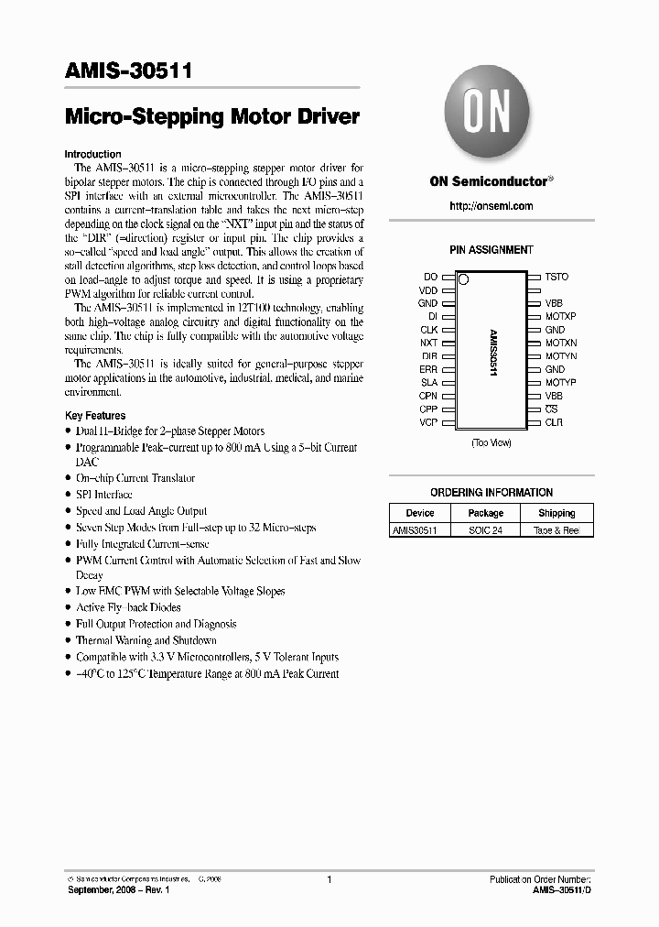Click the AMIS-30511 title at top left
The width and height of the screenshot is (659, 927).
pos(128,72)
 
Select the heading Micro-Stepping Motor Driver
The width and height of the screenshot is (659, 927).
pos(212,117)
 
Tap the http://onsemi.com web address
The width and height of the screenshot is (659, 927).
pos(492,206)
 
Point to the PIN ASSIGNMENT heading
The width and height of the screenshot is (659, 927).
pos(492,250)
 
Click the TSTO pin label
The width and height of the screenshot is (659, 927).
pos(556,277)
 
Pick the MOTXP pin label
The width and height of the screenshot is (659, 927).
pos(561,316)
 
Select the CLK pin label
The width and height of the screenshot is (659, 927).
pos(428,329)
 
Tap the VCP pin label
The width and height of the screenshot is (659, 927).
pos(428,422)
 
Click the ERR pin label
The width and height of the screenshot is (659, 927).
pos(428,369)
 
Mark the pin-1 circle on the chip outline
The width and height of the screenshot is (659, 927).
pos(464,278)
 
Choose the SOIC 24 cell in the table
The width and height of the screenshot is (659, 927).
pos(485,530)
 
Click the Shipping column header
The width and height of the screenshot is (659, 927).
pos(556,514)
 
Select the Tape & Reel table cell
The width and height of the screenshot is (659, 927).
pos(556,530)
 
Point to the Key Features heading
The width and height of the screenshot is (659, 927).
pos(95,416)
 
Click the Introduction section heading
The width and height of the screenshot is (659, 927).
pos(92,155)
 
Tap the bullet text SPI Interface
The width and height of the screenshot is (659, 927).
pos(103,495)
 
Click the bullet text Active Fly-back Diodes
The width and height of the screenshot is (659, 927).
pos(128,607)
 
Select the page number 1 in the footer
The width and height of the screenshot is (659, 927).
pos(329,880)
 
